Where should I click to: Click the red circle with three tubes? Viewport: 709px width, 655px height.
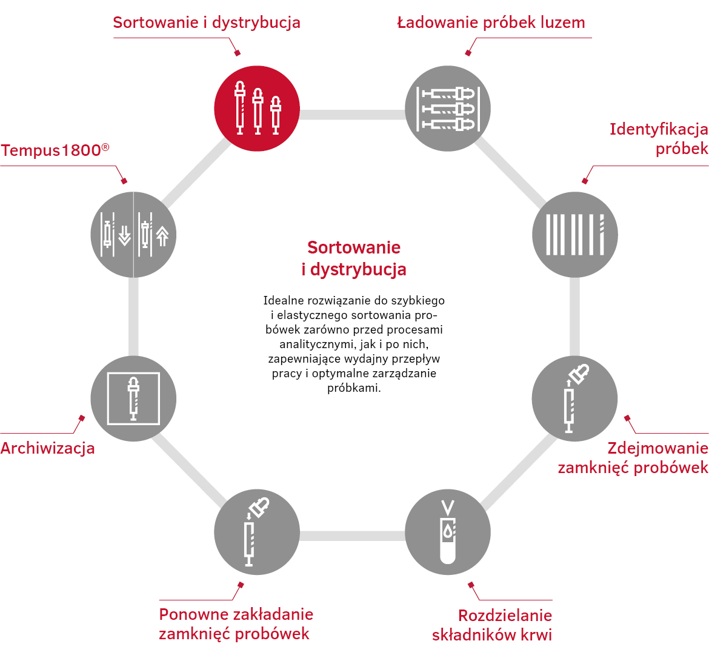pyautogui.click(x=257, y=109)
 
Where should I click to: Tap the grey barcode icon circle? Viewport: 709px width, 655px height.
pyautogui.click(x=574, y=235)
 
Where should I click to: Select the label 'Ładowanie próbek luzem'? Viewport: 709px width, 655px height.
pyautogui.click(x=491, y=22)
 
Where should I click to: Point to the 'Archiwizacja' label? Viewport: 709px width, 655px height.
pyautogui.click(x=47, y=448)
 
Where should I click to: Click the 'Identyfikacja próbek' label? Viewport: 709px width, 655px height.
pyautogui.click(x=659, y=138)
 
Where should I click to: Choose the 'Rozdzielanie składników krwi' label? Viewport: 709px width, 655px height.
pyautogui.click(x=492, y=625)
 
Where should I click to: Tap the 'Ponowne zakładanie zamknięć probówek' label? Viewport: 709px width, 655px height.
pyautogui.click(x=236, y=624)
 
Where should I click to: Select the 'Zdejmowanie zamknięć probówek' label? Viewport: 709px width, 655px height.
pyautogui.click(x=633, y=457)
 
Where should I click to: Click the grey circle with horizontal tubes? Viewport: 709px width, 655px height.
pyautogui.click(x=448, y=109)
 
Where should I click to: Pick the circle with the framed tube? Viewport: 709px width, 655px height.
pyautogui.click(x=133, y=398)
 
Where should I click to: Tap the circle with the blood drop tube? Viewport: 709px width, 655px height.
pyautogui.click(x=448, y=532)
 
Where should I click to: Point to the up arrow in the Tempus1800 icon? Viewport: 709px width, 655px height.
pyautogui.click(x=162, y=236)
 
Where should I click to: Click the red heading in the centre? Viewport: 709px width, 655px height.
pyautogui.click(x=354, y=258)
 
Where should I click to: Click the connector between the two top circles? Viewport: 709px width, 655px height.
pyautogui.click(x=352, y=115)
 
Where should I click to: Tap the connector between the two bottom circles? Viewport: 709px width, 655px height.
pyautogui.click(x=352, y=536)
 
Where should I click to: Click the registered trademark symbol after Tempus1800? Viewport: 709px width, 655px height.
pyautogui.click(x=105, y=147)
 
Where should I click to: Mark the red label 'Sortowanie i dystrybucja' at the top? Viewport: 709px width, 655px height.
pyautogui.click(x=207, y=22)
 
